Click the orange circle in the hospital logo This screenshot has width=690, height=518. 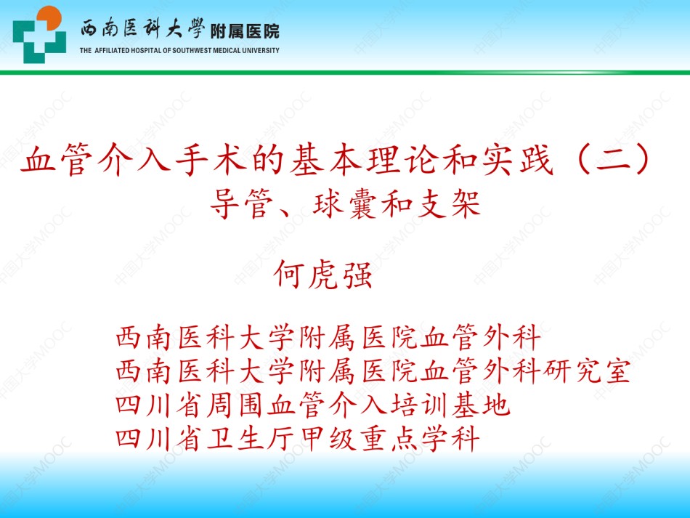[49, 17]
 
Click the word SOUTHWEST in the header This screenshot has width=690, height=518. [192, 51]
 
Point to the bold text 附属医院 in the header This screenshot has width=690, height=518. [245, 31]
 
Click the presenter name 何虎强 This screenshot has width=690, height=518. [323, 275]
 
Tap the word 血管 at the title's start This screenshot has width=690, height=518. [57, 159]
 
